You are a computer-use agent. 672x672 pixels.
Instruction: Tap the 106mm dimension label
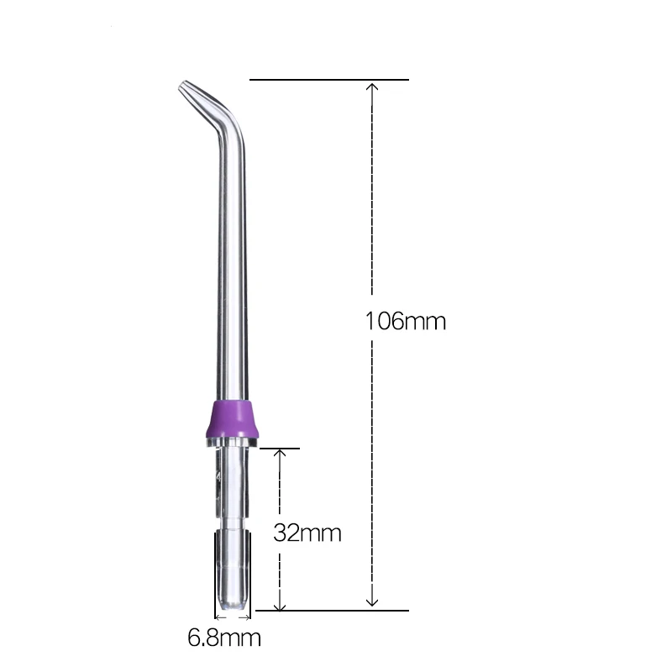(x=405, y=321)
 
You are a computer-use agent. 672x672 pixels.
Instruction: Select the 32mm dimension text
(x=307, y=533)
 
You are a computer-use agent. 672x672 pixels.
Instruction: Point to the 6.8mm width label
(x=223, y=638)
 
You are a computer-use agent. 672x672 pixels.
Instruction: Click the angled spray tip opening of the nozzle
(x=183, y=87)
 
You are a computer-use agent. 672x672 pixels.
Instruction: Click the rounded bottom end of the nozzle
(x=232, y=604)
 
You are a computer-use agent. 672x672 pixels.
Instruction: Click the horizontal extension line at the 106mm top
(x=328, y=80)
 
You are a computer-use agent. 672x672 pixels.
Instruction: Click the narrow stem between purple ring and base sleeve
(x=232, y=487)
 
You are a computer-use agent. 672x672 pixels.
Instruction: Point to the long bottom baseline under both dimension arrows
(x=336, y=610)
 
